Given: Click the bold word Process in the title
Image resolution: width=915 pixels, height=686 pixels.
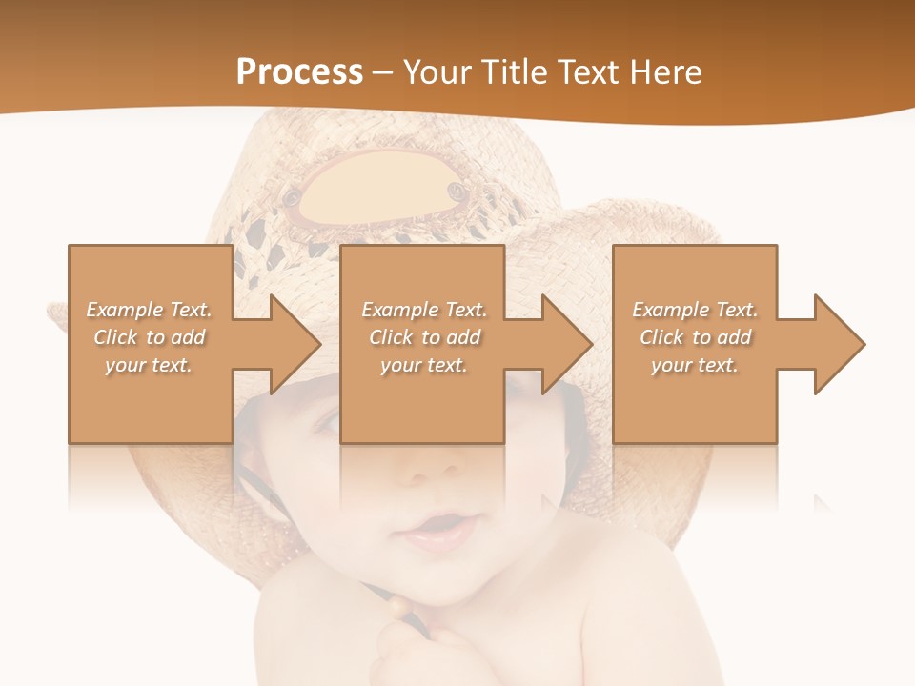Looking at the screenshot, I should tap(299, 71).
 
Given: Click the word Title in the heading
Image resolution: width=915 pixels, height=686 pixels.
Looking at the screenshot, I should tap(516, 71).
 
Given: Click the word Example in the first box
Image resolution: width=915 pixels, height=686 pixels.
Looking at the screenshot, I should tap(124, 310).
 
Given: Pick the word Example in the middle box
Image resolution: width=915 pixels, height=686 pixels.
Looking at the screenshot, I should tap(398, 310).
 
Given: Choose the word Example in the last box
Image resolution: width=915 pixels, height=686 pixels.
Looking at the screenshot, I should tap(670, 310).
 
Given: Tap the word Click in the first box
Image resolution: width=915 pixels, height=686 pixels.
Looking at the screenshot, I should tap(115, 337).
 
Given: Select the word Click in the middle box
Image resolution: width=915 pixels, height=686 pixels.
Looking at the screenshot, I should tap(390, 337).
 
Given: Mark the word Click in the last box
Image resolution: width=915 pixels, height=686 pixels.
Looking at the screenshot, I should tap(661, 337).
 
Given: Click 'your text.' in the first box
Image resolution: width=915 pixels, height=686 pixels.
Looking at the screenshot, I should tap(149, 365).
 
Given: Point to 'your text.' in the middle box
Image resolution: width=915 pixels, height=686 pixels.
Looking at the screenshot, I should tap(423, 365).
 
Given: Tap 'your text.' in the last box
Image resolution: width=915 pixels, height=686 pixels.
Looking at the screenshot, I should tap(695, 365).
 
